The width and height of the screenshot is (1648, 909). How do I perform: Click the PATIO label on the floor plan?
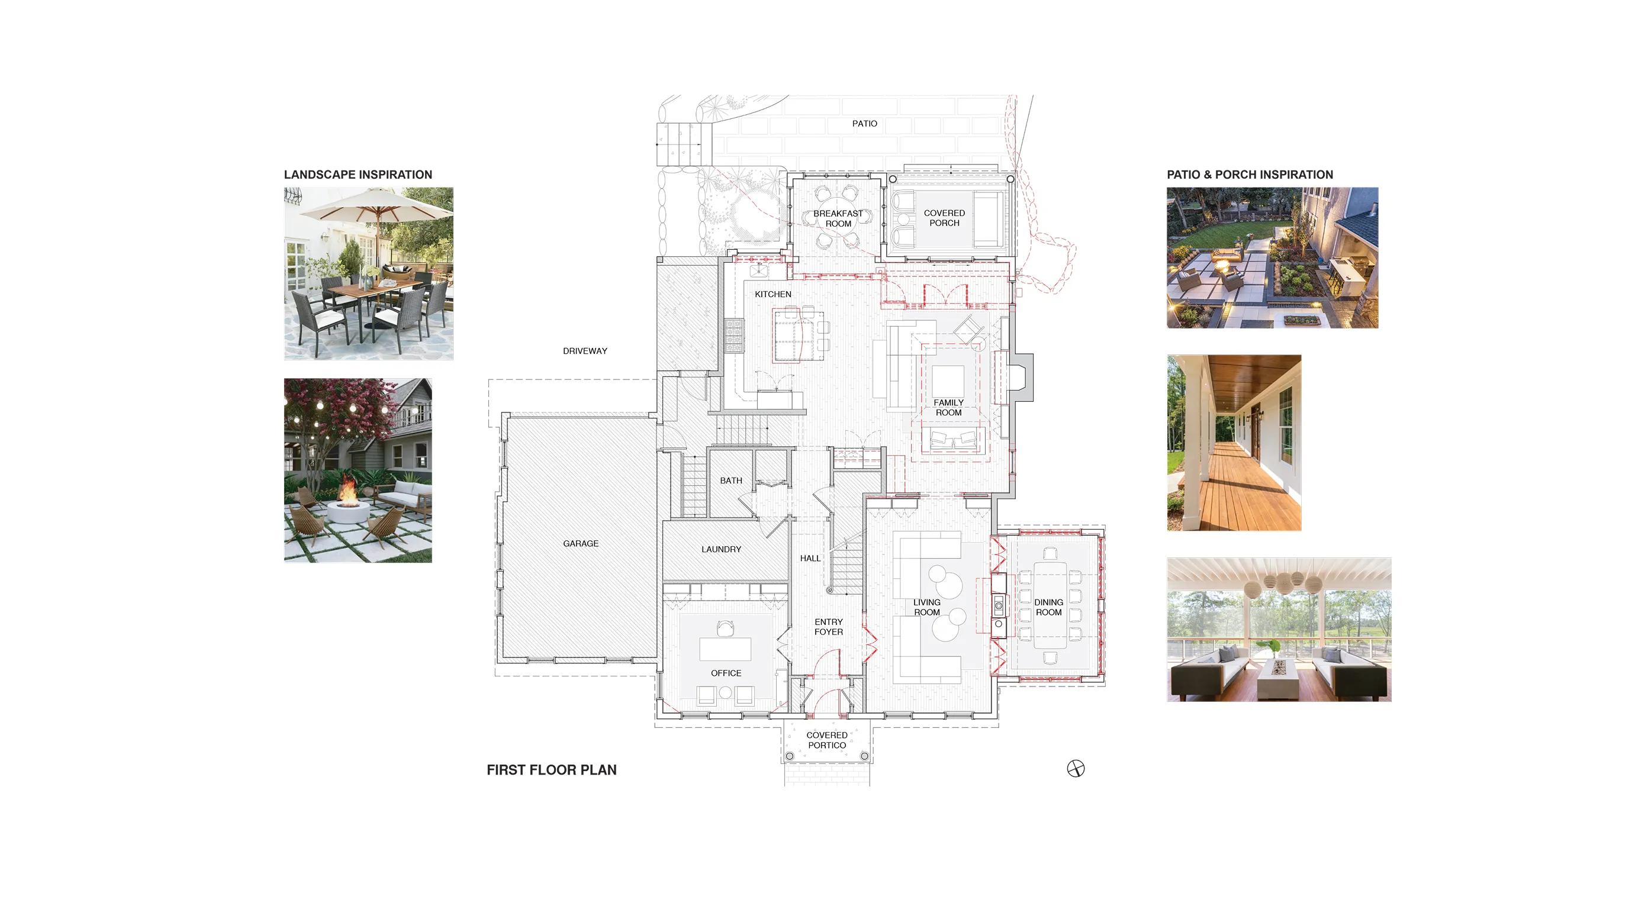(864, 124)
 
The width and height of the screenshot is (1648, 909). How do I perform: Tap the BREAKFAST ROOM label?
(838, 219)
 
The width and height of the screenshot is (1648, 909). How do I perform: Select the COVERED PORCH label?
(944, 218)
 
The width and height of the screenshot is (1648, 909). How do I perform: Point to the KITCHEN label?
(773, 294)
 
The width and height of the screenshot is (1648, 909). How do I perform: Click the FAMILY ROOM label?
(948, 408)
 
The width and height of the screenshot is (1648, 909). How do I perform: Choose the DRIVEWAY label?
(585, 351)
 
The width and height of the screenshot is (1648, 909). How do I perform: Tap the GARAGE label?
(581, 544)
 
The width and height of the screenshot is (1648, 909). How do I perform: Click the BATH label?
(731, 481)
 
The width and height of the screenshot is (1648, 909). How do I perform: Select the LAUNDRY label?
(721, 550)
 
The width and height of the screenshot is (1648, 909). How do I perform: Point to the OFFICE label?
(726, 673)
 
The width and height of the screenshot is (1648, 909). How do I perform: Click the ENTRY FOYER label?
(829, 627)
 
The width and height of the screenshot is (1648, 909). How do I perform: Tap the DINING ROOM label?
(1048, 607)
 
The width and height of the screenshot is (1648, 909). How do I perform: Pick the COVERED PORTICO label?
(826, 740)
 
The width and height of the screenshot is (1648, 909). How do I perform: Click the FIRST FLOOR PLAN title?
(552, 770)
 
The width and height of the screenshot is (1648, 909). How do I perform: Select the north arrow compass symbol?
(1076, 769)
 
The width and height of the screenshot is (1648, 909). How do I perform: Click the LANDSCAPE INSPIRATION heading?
(358, 175)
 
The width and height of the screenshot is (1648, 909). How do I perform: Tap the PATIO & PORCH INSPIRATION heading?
(1250, 175)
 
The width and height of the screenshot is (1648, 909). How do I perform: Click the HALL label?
(810, 559)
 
